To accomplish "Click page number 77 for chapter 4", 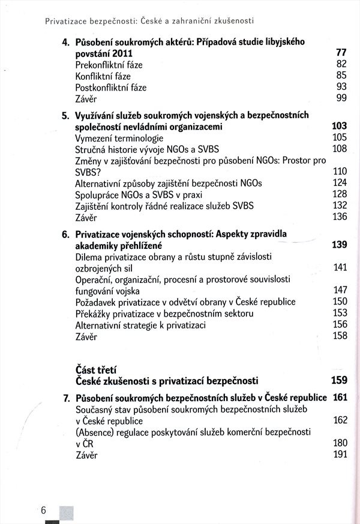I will (x=341, y=53).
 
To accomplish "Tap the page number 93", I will (x=341, y=88).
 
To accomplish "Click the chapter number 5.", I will (x=66, y=115).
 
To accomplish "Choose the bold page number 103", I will (x=339, y=127).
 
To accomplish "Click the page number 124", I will (x=339, y=183).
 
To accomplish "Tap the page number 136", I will (x=339, y=217).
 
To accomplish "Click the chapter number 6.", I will (x=66, y=234).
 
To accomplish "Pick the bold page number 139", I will (x=339, y=245).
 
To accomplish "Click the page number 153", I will (x=339, y=314).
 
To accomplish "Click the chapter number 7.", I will (x=66, y=397).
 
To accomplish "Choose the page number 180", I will (x=339, y=443).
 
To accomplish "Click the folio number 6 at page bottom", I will (x=44, y=510).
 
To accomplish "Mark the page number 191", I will (x=339, y=454).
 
